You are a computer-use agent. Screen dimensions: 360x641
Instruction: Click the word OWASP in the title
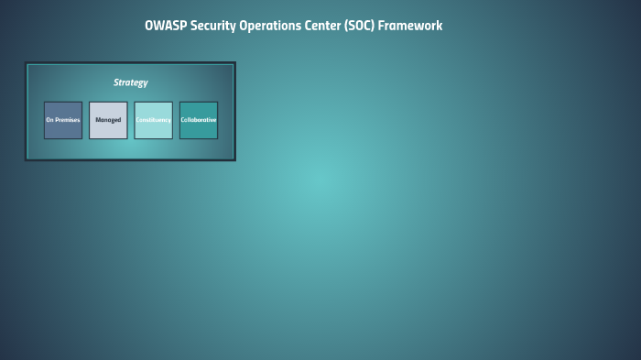coord(165,26)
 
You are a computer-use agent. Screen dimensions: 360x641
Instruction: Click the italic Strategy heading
coord(130,82)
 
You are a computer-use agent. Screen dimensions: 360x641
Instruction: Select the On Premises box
coord(63,120)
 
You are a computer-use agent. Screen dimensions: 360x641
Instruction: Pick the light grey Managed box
coord(108,120)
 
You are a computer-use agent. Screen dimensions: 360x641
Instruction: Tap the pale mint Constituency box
coord(153,120)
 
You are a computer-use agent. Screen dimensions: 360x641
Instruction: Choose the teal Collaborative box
coord(199,120)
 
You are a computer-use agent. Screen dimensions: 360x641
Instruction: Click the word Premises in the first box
coord(68,120)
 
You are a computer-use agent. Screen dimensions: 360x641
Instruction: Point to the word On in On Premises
coord(49,120)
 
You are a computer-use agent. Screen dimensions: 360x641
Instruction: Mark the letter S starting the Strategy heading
coord(116,82)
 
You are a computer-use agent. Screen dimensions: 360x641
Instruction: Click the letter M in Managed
coord(98,120)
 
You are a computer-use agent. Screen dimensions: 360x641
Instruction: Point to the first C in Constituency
coord(138,120)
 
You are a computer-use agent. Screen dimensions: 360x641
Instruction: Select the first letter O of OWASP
coord(149,26)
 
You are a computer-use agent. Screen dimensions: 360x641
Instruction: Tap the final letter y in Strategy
coord(145,83)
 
